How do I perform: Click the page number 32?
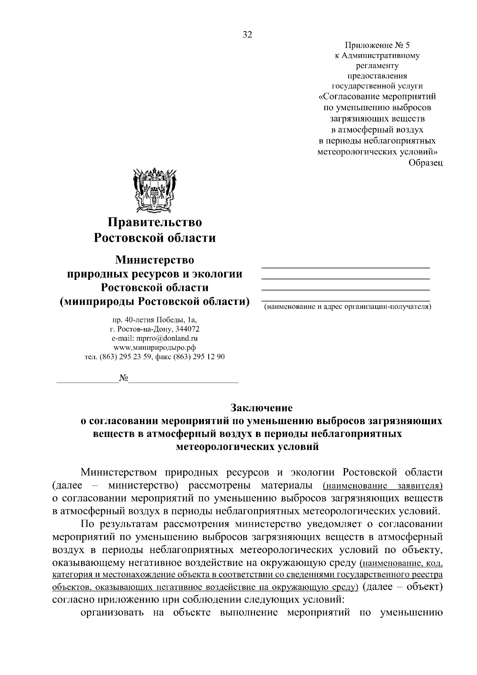click(x=247, y=35)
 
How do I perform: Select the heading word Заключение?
click(x=262, y=408)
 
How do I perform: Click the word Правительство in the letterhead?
click(x=155, y=222)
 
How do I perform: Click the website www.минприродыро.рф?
click(x=155, y=347)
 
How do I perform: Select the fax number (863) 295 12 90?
click(x=204, y=357)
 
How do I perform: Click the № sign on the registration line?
click(x=123, y=378)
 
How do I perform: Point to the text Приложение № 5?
click(x=376, y=45)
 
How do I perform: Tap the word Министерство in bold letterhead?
click(x=155, y=260)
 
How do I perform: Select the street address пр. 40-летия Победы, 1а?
click(x=155, y=320)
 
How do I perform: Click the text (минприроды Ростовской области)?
click(x=155, y=301)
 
